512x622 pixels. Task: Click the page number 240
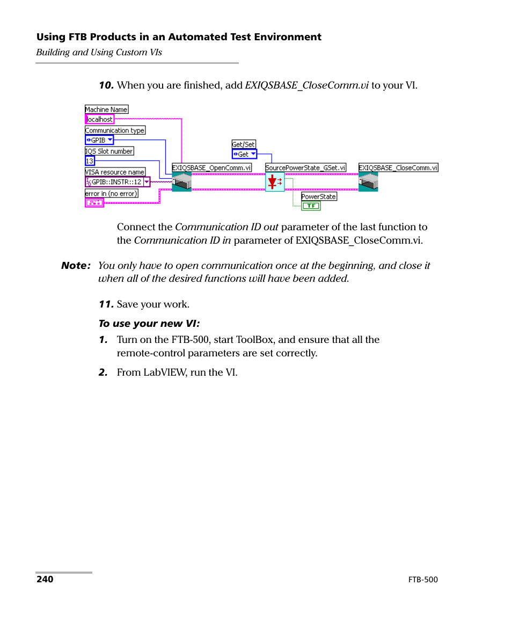(45, 579)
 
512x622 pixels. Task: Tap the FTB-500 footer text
(423, 580)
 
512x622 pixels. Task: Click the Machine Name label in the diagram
(106, 109)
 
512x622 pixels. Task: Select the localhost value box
(100, 119)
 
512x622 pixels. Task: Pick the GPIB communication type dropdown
(99, 140)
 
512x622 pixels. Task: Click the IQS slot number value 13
(90, 161)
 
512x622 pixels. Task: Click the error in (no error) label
(111, 193)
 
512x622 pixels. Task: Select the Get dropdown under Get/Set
(244, 154)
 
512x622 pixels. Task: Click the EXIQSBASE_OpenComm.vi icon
(181, 182)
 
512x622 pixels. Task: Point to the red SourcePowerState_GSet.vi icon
(275, 182)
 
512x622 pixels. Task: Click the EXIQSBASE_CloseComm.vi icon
(368, 182)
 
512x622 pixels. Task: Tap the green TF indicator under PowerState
(311, 206)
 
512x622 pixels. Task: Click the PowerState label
(319, 196)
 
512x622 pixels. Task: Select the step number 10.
(106, 85)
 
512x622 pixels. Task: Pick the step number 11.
(106, 304)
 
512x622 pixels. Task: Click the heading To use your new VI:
(149, 324)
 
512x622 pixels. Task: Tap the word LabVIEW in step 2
(165, 372)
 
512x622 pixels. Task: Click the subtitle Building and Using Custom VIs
(99, 52)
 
